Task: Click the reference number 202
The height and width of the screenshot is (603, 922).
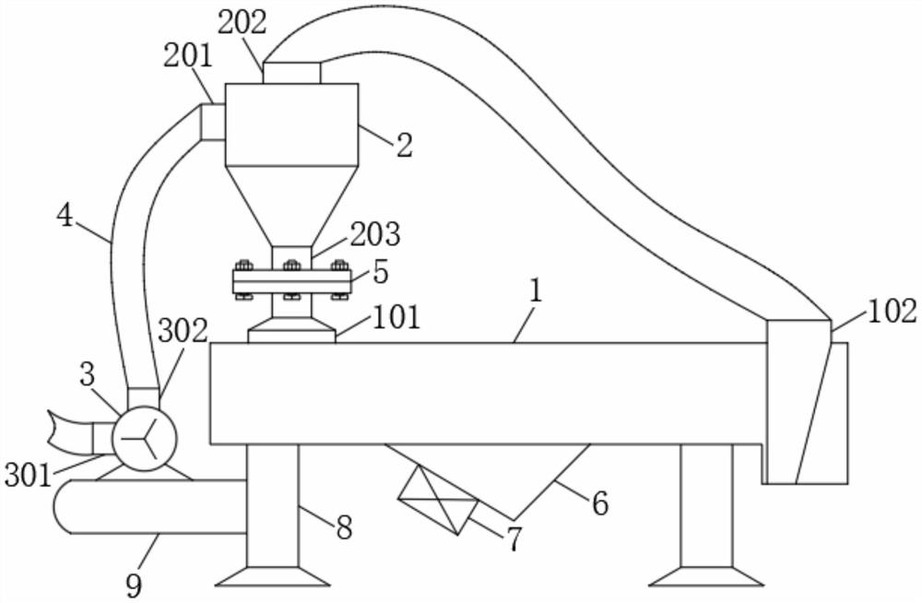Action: [x=242, y=23]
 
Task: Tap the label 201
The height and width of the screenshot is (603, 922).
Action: [x=187, y=56]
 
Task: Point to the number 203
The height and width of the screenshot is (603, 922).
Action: [x=375, y=233]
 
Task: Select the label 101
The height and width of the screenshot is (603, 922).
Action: [x=396, y=317]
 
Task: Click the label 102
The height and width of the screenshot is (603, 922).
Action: [x=892, y=312]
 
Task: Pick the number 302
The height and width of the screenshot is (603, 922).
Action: [x=183, y=331]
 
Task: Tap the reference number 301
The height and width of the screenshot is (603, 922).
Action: [x=29, y=475]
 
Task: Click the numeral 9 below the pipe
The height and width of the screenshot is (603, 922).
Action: [x=134, y=585]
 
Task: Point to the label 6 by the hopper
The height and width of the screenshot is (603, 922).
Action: [x=600, y=503]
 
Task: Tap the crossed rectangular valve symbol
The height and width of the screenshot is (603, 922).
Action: [x=439, y=500]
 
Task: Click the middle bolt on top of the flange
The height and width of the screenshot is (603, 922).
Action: [x=292, y=266]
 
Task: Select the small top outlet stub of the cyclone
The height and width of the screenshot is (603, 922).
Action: [x=291, y=72]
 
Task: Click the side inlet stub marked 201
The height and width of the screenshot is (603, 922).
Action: [x=214, y=123]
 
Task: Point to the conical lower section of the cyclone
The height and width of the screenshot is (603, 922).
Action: [x=291, y=206]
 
